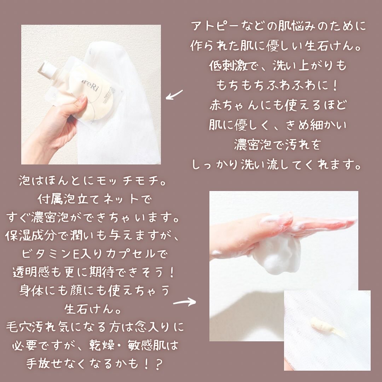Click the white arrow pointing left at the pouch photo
(174, 94)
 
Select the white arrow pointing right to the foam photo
(184, 302)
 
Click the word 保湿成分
(30, 236)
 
